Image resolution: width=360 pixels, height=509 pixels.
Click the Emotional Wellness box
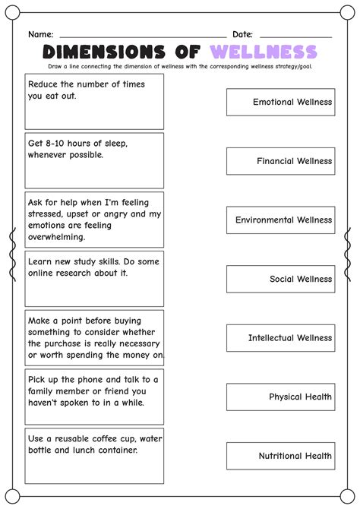280,102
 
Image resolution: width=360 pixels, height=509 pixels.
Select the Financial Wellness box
280,161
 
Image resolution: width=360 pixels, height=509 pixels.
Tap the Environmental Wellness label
280,220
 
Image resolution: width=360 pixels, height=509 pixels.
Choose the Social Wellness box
280,279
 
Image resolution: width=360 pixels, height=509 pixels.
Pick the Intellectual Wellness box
280,338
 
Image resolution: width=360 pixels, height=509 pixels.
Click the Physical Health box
280,397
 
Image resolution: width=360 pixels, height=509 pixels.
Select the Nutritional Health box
280,456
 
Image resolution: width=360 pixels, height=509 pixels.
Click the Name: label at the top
41,34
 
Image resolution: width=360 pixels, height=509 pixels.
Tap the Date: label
242,34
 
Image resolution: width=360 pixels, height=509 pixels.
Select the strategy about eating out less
94,102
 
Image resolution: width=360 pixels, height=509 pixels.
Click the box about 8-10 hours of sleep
94,160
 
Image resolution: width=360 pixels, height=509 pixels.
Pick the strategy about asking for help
94,220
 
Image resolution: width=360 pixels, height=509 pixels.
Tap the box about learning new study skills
94,279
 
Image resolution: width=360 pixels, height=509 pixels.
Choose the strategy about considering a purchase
94,337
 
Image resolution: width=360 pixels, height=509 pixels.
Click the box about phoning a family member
94,397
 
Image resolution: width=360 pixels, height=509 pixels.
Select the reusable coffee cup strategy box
94,456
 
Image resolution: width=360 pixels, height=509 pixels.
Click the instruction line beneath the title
180,67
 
